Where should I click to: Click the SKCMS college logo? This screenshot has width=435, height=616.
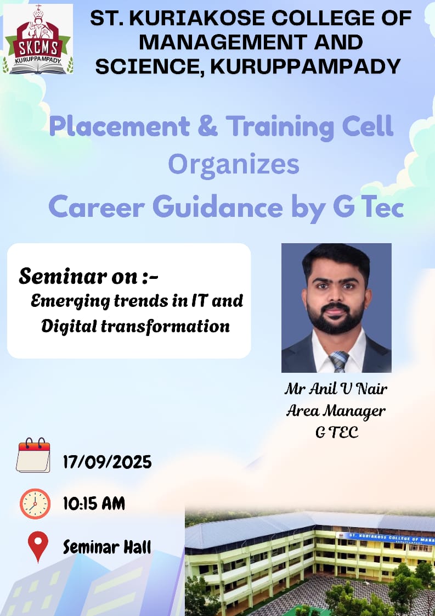(38, 39)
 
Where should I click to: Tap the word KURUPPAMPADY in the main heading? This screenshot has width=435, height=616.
(306, 66)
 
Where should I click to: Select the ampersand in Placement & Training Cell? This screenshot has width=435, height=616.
(208, 126)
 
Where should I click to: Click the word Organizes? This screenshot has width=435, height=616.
(234, 165)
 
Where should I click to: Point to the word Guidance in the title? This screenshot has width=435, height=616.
(217, 207)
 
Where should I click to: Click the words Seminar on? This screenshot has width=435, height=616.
(78, 276)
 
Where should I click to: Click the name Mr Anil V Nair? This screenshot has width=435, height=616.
(336, 389)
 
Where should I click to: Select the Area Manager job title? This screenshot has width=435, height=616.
(336, 411)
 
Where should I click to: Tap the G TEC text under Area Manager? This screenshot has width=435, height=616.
(337, 432)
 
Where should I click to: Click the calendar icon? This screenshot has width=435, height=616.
(33, 455)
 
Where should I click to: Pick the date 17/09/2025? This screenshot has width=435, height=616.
(107, 462)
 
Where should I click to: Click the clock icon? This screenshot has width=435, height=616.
(35, 503)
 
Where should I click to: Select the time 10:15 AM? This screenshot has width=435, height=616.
(94, 503)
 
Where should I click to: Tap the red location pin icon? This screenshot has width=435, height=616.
(38, 546)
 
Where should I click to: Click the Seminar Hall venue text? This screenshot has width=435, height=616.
(107, 547)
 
